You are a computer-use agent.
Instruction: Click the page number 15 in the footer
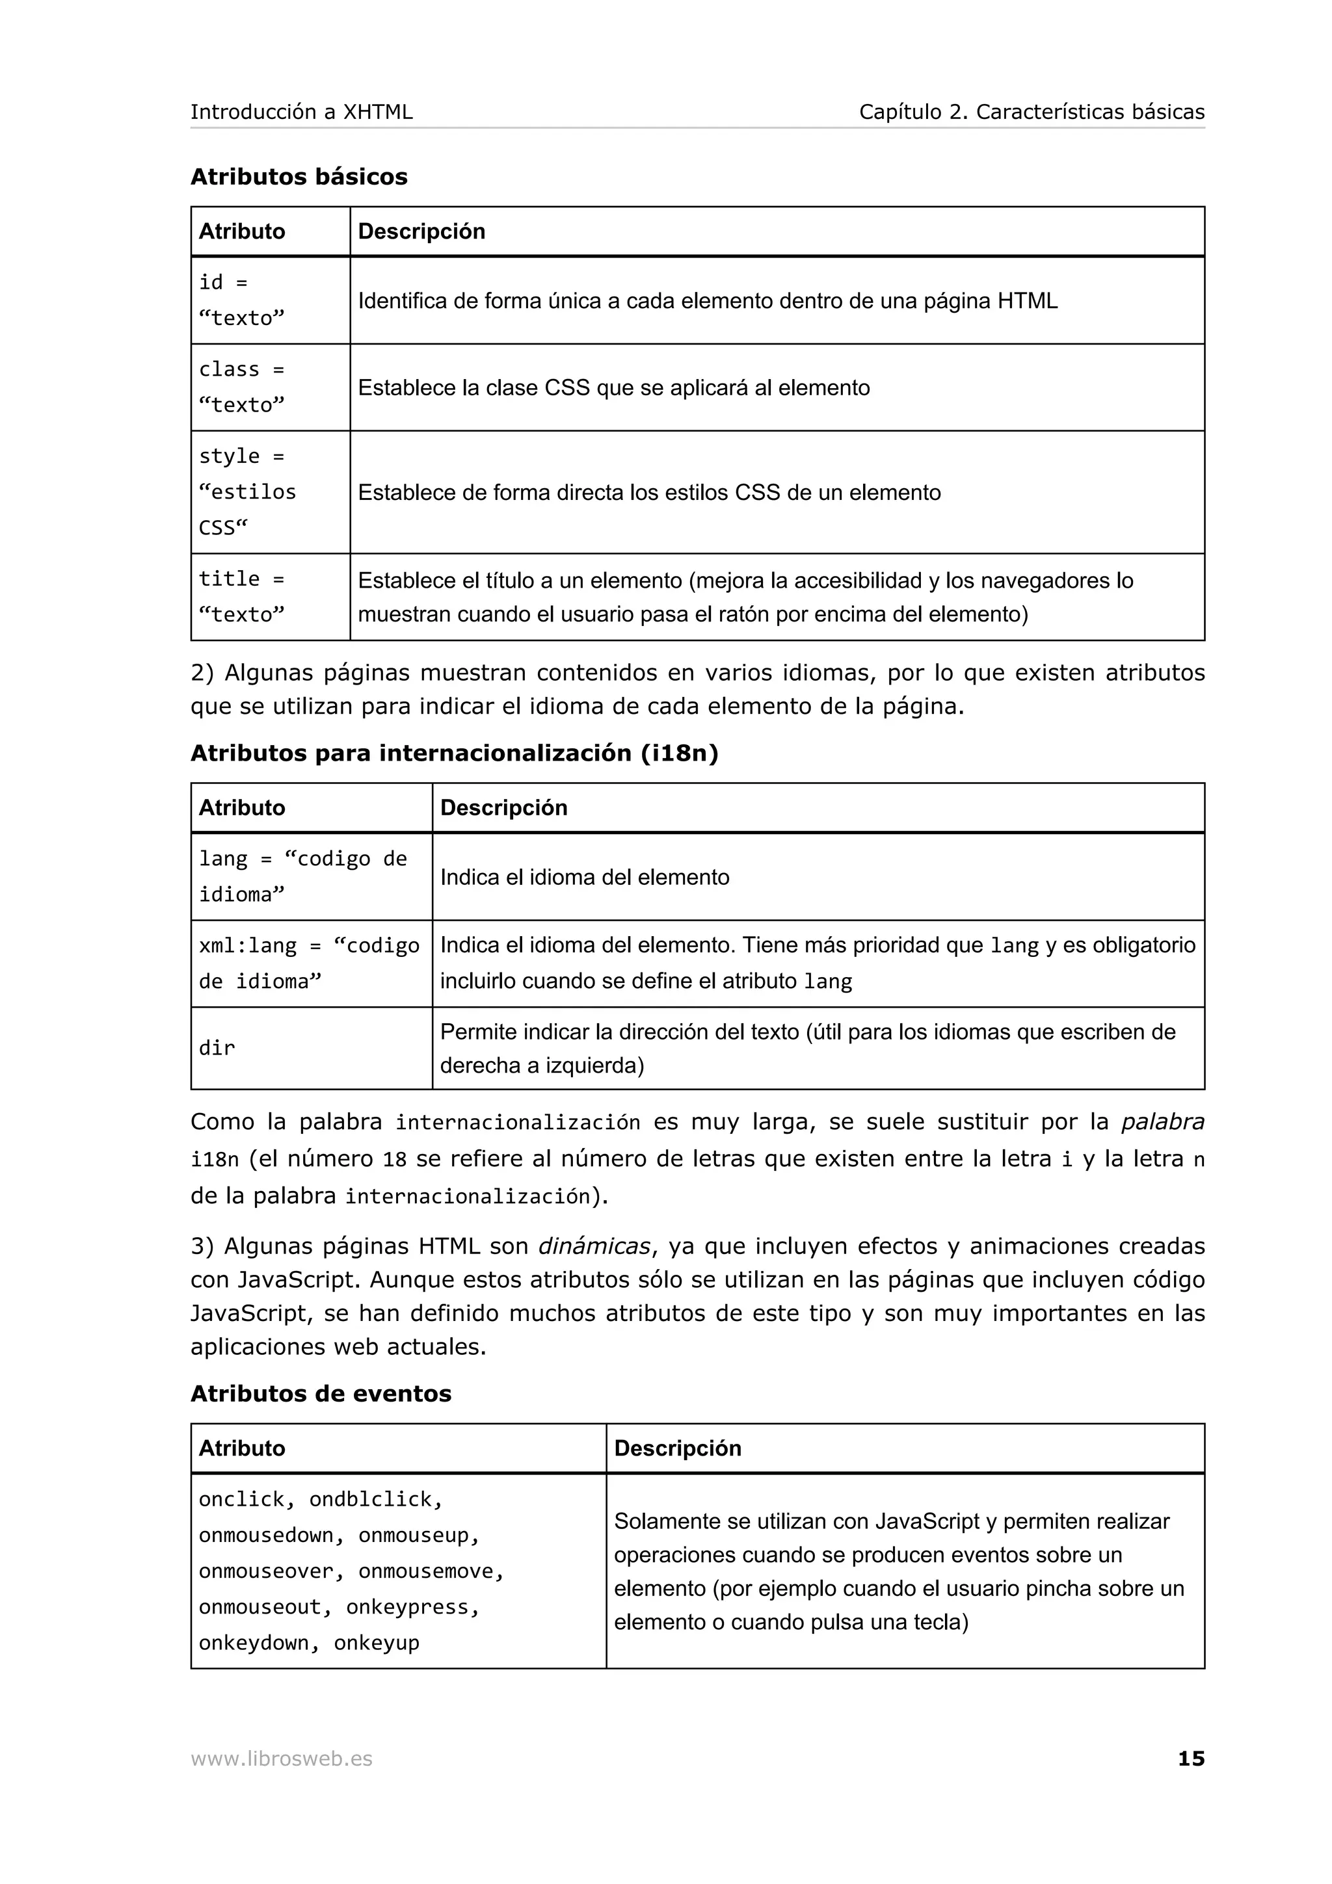[x=1191, y=1759]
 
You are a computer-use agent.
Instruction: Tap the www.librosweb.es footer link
[x=282, y=1759]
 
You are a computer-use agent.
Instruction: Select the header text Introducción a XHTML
[x=301, y=112]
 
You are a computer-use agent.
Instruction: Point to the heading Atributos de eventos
[x=321, y=1393]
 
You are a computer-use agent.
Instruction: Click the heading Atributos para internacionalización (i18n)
[x=454, y=753]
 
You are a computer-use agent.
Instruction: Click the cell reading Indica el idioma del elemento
[x=584, y=877]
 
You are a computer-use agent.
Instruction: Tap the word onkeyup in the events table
[x=377, y=1643]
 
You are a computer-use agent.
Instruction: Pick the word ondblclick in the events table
[x=376, y=1499]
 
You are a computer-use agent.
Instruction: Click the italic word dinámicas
[x=594, y=1246]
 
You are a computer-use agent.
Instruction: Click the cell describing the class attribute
[x=614, y=387]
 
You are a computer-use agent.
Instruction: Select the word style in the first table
[x=229, y=456]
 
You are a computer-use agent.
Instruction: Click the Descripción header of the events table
[x=677, y=1448]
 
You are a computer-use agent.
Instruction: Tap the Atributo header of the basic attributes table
[x=242, y=231]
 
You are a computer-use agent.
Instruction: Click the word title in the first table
[x=229, y=579]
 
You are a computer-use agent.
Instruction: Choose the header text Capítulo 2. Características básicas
[x=1032, y=112]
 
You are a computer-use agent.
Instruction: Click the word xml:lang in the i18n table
[x=248, y=945]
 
